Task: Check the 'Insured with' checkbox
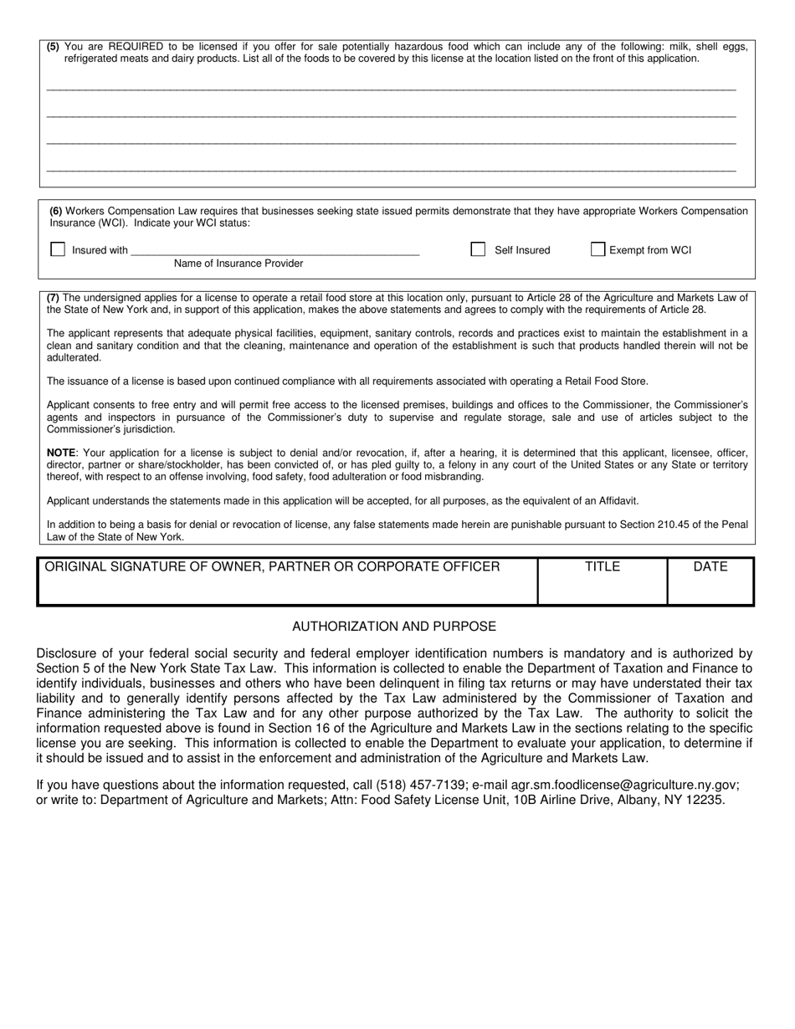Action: (58, 249)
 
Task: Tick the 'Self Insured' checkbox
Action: (478, 249)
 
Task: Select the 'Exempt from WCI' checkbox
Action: (598, 249)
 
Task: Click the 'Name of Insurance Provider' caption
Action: (238, 264)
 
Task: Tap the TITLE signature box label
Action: (603, 567)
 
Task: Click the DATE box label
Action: (710, 567)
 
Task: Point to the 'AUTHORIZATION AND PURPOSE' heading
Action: (394, 627)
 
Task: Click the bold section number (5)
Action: (54, 47)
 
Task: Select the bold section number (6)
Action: (56, 211)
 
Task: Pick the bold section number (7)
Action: (53, 297)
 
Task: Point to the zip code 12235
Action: (705, 800)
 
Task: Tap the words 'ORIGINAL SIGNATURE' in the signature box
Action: (104, 567)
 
